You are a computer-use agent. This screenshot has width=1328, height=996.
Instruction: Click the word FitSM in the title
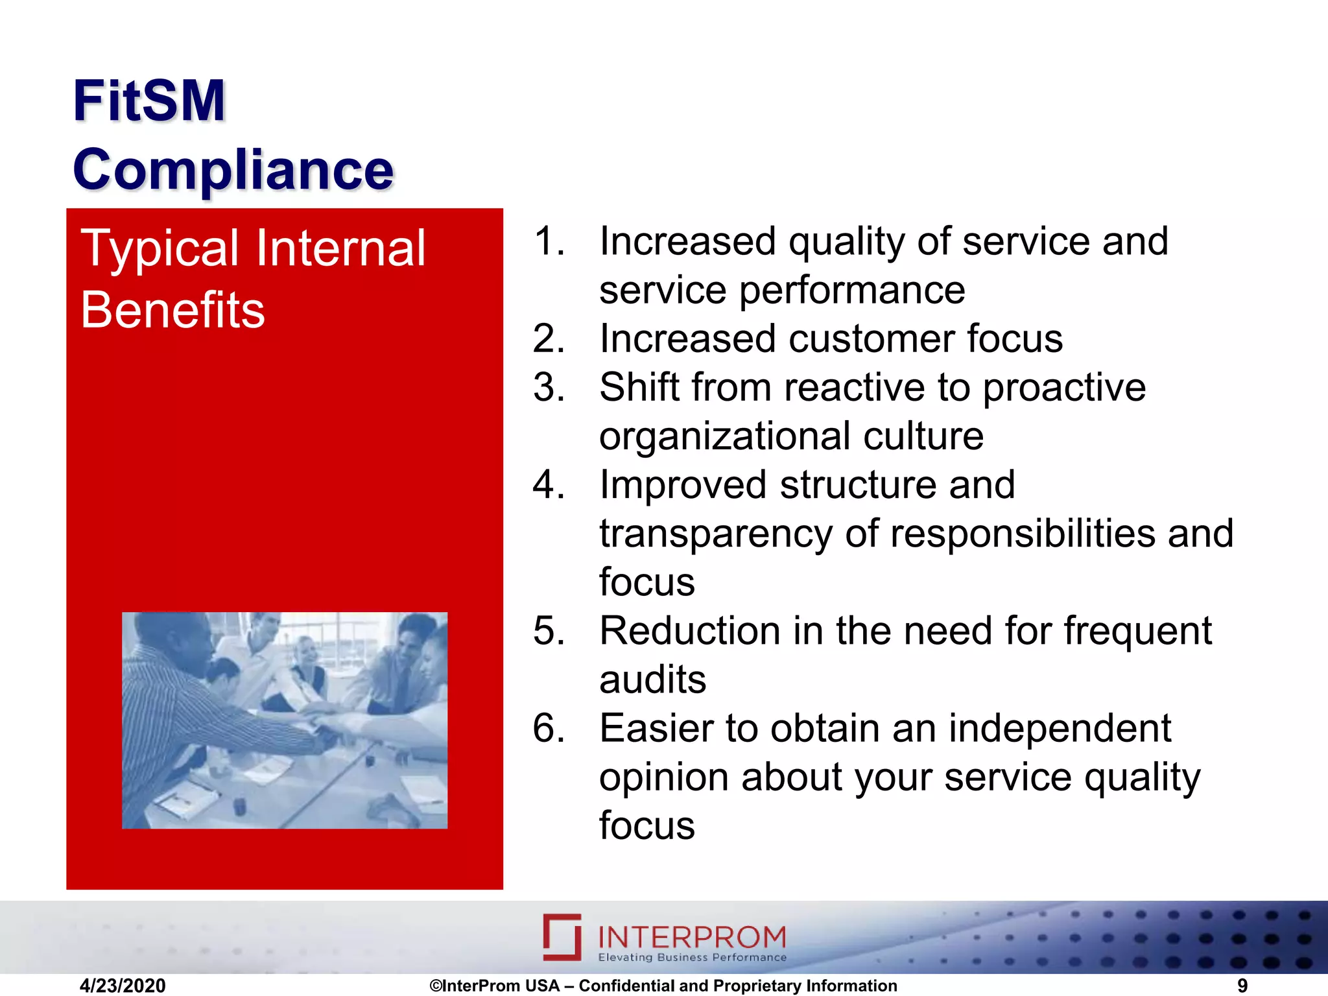click(x=148, y=101)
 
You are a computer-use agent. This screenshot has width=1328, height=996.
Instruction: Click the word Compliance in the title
click(x=233, y=170)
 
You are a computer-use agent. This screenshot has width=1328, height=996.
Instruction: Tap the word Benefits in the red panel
click(x=172, y=311)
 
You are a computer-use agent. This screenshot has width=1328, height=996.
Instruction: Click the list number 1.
click(x=549, y=241)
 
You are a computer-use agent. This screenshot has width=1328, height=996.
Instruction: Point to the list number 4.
click(x=549, y=485)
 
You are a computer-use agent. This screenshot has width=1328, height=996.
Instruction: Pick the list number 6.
click(x=549, y=728)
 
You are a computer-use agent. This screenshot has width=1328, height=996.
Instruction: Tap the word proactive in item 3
click(x=1064, y=388)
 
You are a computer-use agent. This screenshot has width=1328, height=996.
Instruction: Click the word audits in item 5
click(x=652, y=680)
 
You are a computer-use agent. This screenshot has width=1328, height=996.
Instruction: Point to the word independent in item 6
click(x=1060, y=728)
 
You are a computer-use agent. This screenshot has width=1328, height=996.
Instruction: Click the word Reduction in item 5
click(x=690, y=631)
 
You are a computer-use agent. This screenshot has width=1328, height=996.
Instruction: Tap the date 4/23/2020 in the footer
click(x=123, y=986)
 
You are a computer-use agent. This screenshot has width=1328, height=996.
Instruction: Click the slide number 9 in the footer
click(x=1242, y=986)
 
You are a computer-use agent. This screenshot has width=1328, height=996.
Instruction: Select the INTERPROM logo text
click(x=691, y=937)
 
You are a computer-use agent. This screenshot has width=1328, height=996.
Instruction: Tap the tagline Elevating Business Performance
click(x=691, y=958)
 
